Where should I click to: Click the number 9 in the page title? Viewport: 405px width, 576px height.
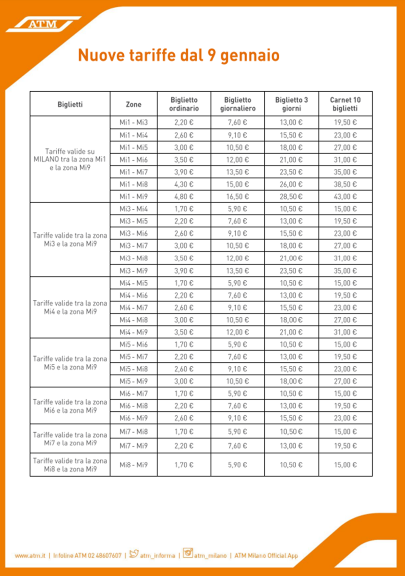pyautogui.click(x=212, y=55)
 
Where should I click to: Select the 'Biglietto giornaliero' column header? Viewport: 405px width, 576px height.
pyautogui.click(x=238, y=104)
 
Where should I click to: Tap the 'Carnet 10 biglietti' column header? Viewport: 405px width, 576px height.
pyautogui.click(x=345, y=104)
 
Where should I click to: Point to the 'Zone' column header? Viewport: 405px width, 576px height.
pyautogui.click(x=133, y=104)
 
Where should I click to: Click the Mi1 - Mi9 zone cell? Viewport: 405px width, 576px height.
pyautogui.click(x=133, y=196)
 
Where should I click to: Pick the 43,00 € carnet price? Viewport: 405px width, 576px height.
pyautogui.click(x=345, y=196)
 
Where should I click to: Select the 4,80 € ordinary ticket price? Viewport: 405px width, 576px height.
pyautogui.click(x=183, y=196)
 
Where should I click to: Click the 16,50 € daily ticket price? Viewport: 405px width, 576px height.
pyautogui.click(x=238, y=196)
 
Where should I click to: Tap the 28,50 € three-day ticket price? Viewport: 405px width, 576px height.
pyautogui.click(x=291, y=196)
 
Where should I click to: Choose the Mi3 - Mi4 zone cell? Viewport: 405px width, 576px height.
pyautogui.click(x=133, y=209)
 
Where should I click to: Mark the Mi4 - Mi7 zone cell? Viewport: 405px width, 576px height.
pyautogui.click(x=133, y=308)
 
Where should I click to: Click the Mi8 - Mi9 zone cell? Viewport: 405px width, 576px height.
pyautogui.click(x=133, y=465)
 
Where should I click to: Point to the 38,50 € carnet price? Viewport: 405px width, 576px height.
pyautogui.click(x=345, y=184)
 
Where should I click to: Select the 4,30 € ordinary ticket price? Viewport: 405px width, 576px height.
pyautogui.click(x=183, y=184)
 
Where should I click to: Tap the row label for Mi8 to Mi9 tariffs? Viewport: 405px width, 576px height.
pyautogui.click(x=70, y=465)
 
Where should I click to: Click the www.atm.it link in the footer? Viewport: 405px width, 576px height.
pyautogui.click(x=30, y=556)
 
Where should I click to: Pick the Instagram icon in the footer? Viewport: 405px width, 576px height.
pyautogui.click(x=188, y=554)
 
